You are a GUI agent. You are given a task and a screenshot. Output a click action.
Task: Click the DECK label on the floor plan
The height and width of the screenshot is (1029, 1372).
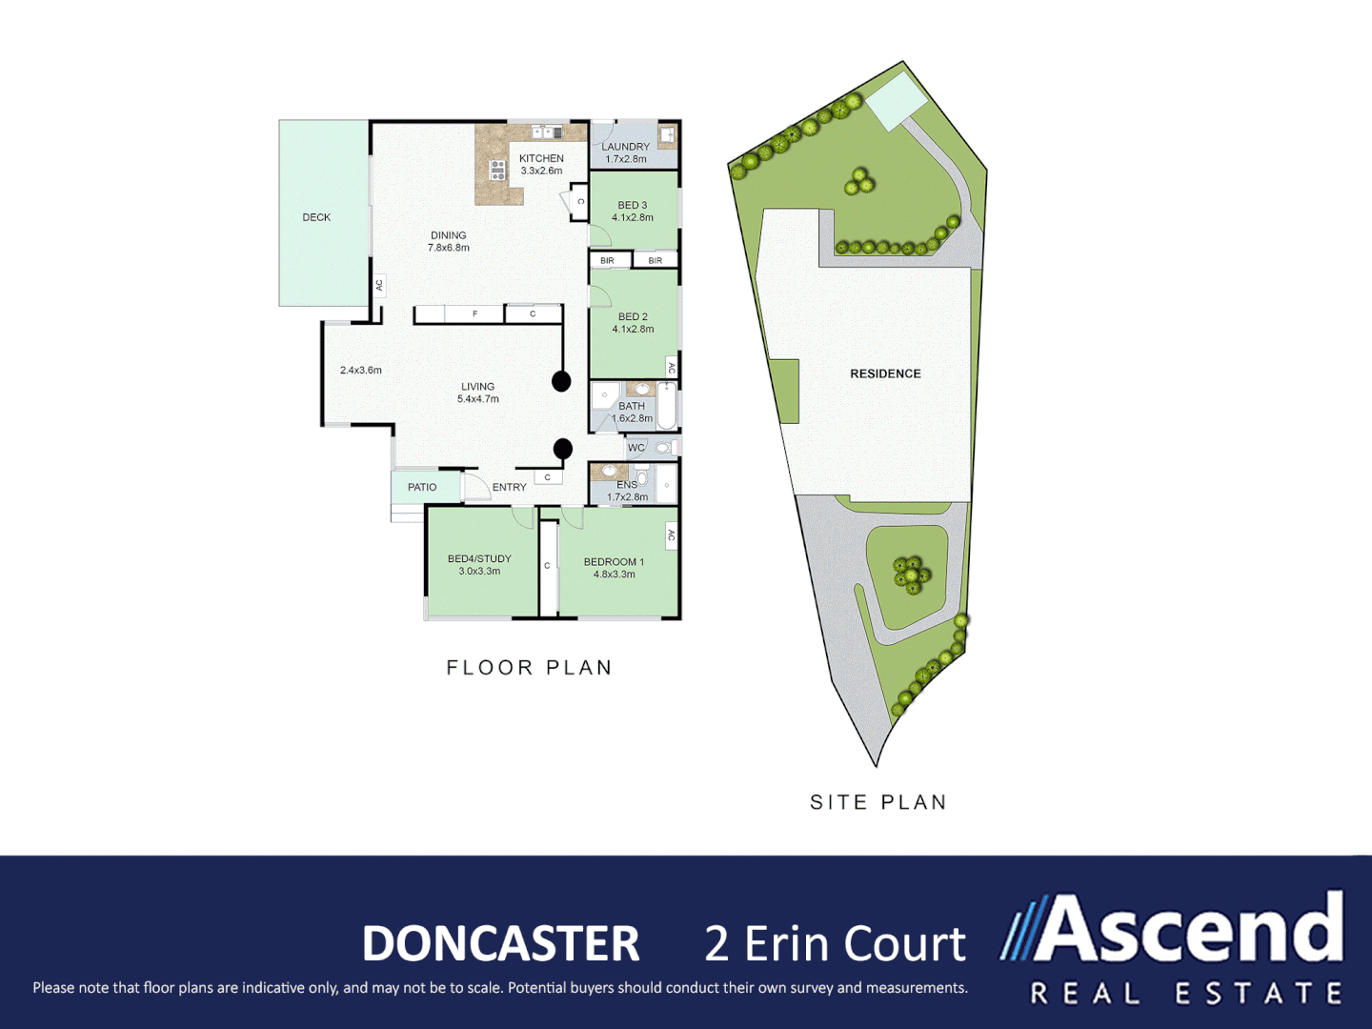(316, 217)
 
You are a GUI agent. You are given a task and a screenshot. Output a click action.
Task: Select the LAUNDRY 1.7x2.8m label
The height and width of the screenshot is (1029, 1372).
(626, 152)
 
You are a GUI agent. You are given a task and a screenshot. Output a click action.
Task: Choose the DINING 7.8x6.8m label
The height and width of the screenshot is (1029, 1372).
(448, 241)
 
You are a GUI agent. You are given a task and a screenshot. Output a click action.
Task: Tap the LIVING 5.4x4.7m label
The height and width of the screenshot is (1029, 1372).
(477, 393)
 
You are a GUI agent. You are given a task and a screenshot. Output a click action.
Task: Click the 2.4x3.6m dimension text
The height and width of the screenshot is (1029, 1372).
(360, 370)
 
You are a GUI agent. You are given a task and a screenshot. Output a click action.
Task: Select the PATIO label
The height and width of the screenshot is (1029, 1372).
(422, 487)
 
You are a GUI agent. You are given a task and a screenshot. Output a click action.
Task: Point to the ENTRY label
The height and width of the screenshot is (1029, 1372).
(509, 487)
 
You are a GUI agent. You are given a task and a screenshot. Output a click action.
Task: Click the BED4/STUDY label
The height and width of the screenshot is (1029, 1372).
(479, 565)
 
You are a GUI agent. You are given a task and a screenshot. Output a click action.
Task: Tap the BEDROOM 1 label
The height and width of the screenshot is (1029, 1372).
(614, 568)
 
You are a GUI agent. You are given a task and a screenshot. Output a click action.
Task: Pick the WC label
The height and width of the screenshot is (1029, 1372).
(636, 448)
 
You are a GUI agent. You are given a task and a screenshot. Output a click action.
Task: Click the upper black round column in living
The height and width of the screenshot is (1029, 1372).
(561, 381)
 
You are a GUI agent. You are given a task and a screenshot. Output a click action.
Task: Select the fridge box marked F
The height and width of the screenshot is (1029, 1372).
(474, 313)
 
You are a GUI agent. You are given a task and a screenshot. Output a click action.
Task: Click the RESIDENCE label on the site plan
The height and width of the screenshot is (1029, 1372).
(885, 373)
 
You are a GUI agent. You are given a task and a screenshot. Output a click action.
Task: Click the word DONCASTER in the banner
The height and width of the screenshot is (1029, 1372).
(500, 943)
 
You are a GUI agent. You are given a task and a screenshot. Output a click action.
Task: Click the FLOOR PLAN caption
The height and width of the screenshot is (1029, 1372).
(529, 668)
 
